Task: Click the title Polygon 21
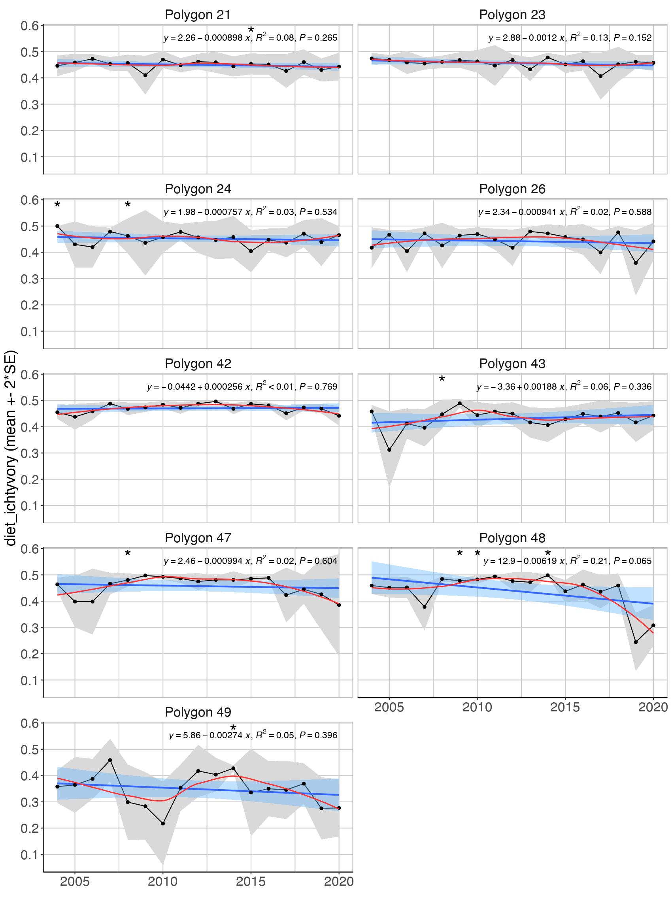click(198, 15)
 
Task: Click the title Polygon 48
click(512, 537)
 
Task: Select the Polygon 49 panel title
click(198, 712)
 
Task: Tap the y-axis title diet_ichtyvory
click(11, 447)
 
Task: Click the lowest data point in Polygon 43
click(389, 450)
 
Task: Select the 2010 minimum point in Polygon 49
click(163, 824)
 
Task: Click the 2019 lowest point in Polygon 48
click(636, 642)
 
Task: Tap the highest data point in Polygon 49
click(110, 760)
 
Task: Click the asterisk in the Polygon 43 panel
click(442, 379)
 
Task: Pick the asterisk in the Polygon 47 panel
click(128, 554)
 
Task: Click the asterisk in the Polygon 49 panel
click(233, 728)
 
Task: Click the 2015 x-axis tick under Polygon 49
click(251, 881)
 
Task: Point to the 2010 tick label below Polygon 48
click(477, 707)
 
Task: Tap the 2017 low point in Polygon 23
click(600, 76)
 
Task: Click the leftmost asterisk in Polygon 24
click(57, 205)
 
